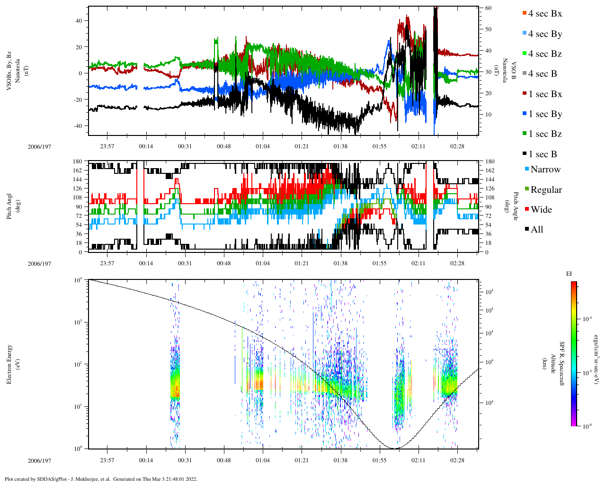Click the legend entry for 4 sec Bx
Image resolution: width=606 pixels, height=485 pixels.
click(x=544, y=14)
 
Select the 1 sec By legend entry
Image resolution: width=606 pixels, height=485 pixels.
click(x=545, y=114)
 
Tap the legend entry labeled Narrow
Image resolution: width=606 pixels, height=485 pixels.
click(x=545, y=170)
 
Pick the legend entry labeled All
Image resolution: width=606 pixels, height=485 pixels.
click(x=536, y=230)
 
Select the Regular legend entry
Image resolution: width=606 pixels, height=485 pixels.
click(x=546, y=190)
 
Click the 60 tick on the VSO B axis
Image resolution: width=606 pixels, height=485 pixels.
click(x=488, y=8)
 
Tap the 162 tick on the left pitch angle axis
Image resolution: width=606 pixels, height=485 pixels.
click(x=77, y=171)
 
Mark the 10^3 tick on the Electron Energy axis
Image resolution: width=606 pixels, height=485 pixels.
click(x=77, y=322)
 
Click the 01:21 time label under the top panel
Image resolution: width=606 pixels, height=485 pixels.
click(x=302, y=146)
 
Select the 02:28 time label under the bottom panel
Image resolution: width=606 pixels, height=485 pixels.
click(x=457, y=460)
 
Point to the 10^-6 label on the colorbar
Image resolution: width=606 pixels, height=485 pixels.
click(x=587, y=426)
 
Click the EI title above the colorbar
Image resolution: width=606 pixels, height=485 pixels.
click(x=569, y=274)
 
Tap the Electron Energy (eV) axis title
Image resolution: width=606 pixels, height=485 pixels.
click(x=12, y=364)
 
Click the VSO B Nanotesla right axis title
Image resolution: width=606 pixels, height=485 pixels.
click(x=509, y=71)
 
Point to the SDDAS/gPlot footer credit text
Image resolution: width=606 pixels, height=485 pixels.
click(x=100, y=479)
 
